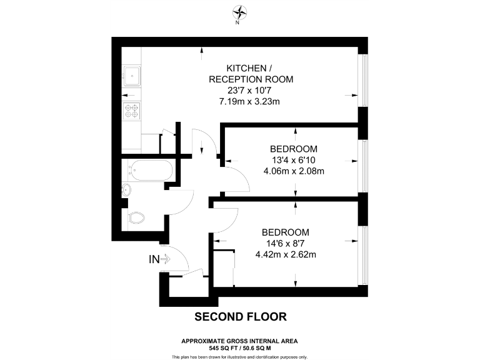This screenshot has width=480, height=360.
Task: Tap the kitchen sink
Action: pos(132,77)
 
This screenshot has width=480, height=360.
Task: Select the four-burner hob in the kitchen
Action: pos(132,111)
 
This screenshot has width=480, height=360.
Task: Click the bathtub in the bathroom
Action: pos(150,169)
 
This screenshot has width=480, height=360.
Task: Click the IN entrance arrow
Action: pos(160,259)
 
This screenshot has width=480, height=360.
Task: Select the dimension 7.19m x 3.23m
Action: pos(251,101)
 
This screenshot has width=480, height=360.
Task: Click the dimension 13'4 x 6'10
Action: pos(293,160)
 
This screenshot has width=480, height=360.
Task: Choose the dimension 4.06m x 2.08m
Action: pos(293,171)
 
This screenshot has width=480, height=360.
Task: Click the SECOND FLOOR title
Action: pos(241,317)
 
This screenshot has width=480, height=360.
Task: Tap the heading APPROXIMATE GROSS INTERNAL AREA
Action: pos(240,340)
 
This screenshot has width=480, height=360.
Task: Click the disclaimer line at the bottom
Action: pos(240,356)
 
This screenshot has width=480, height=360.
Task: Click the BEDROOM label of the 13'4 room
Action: pos(293,149)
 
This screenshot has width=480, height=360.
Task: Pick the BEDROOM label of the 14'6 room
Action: pos(285,232)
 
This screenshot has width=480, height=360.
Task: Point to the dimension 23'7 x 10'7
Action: pos(251,90)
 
